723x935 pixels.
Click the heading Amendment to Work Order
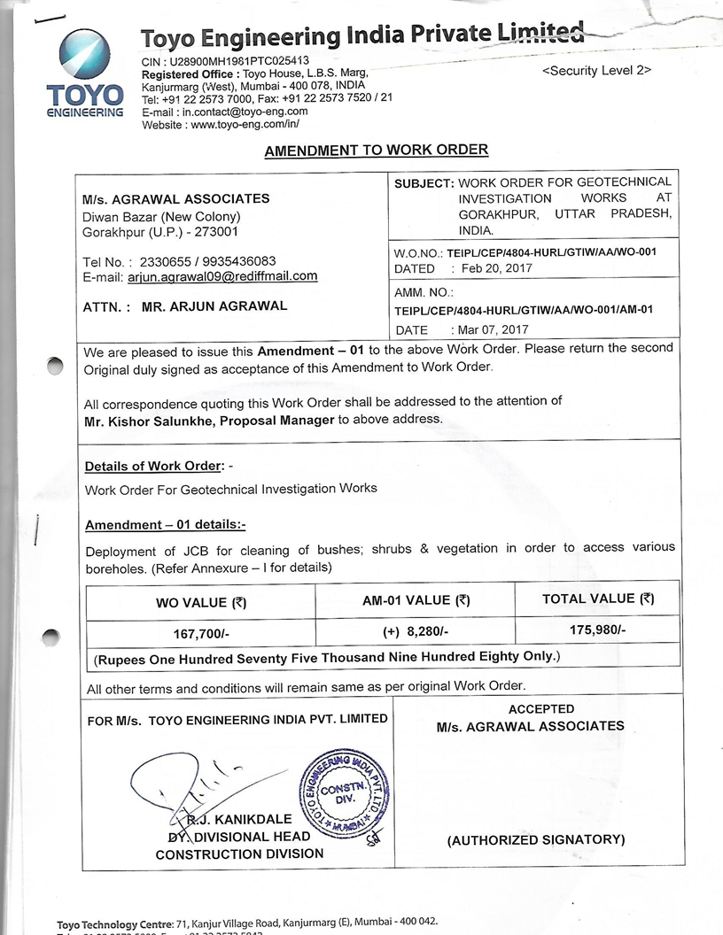click(376, 151)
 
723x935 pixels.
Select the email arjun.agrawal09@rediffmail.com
click(229, 276)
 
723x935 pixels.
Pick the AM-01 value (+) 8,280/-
click(416, 633)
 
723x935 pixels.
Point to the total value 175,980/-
click(597, 630)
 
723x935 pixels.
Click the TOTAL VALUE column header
click(597, 599)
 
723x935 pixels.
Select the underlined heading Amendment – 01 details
click(165, 525)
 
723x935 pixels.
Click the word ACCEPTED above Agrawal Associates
click(541, 709)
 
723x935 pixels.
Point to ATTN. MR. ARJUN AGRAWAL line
click(183, 307)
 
